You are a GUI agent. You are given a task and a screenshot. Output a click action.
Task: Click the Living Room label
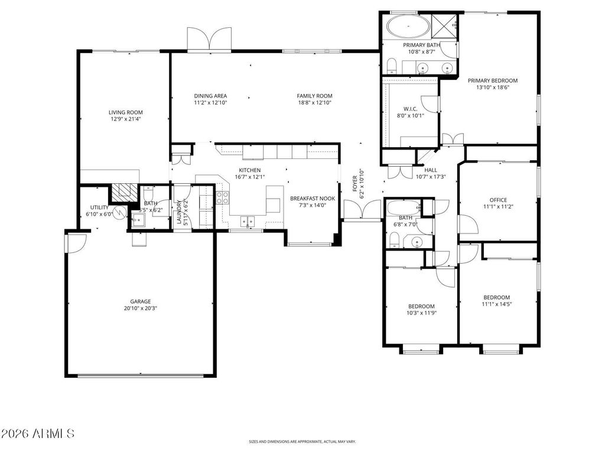point(125,112)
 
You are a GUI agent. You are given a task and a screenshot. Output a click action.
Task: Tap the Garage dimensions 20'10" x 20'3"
point(140,308)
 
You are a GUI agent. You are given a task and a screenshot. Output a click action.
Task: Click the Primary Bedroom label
point(492,80)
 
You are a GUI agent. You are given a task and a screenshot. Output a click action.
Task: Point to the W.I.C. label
point(411,108)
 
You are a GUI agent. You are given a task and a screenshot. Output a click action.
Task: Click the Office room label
point(497,200)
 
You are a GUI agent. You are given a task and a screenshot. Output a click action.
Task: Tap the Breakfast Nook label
point(313,199)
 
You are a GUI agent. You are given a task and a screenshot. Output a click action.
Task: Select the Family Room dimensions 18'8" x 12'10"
point(314,102)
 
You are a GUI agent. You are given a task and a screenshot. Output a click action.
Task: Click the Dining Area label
point(210,96)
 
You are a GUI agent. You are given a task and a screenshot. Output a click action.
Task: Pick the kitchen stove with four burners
point(223,197)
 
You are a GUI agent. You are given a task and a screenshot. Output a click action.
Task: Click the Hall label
point(430,170)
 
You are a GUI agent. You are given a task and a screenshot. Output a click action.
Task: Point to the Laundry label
point(178,213)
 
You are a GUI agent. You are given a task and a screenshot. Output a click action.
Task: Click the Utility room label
point(99,207)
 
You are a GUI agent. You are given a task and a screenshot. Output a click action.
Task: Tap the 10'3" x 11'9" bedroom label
point(421,306)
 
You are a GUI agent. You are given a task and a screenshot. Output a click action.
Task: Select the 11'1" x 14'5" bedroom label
point(496,297)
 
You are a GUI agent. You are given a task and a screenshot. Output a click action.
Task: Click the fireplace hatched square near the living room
point(125,192)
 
